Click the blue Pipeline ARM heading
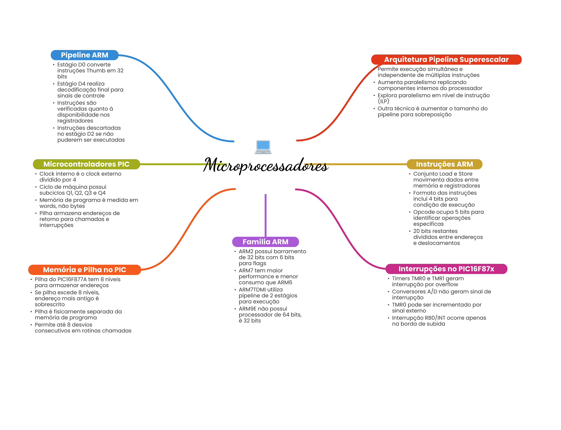click(84, 55)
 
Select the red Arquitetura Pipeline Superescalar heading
click(446, 59)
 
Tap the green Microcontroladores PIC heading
click(86, 164)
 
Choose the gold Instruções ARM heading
click(444, 164)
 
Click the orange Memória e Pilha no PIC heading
click(84, 270)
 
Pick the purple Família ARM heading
click(265, 242)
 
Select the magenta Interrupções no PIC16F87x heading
click(446, 269)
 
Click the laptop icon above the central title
click(263, 147)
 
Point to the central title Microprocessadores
click(266, 166)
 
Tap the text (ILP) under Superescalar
click(383, 101)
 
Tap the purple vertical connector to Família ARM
click(265, 215)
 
